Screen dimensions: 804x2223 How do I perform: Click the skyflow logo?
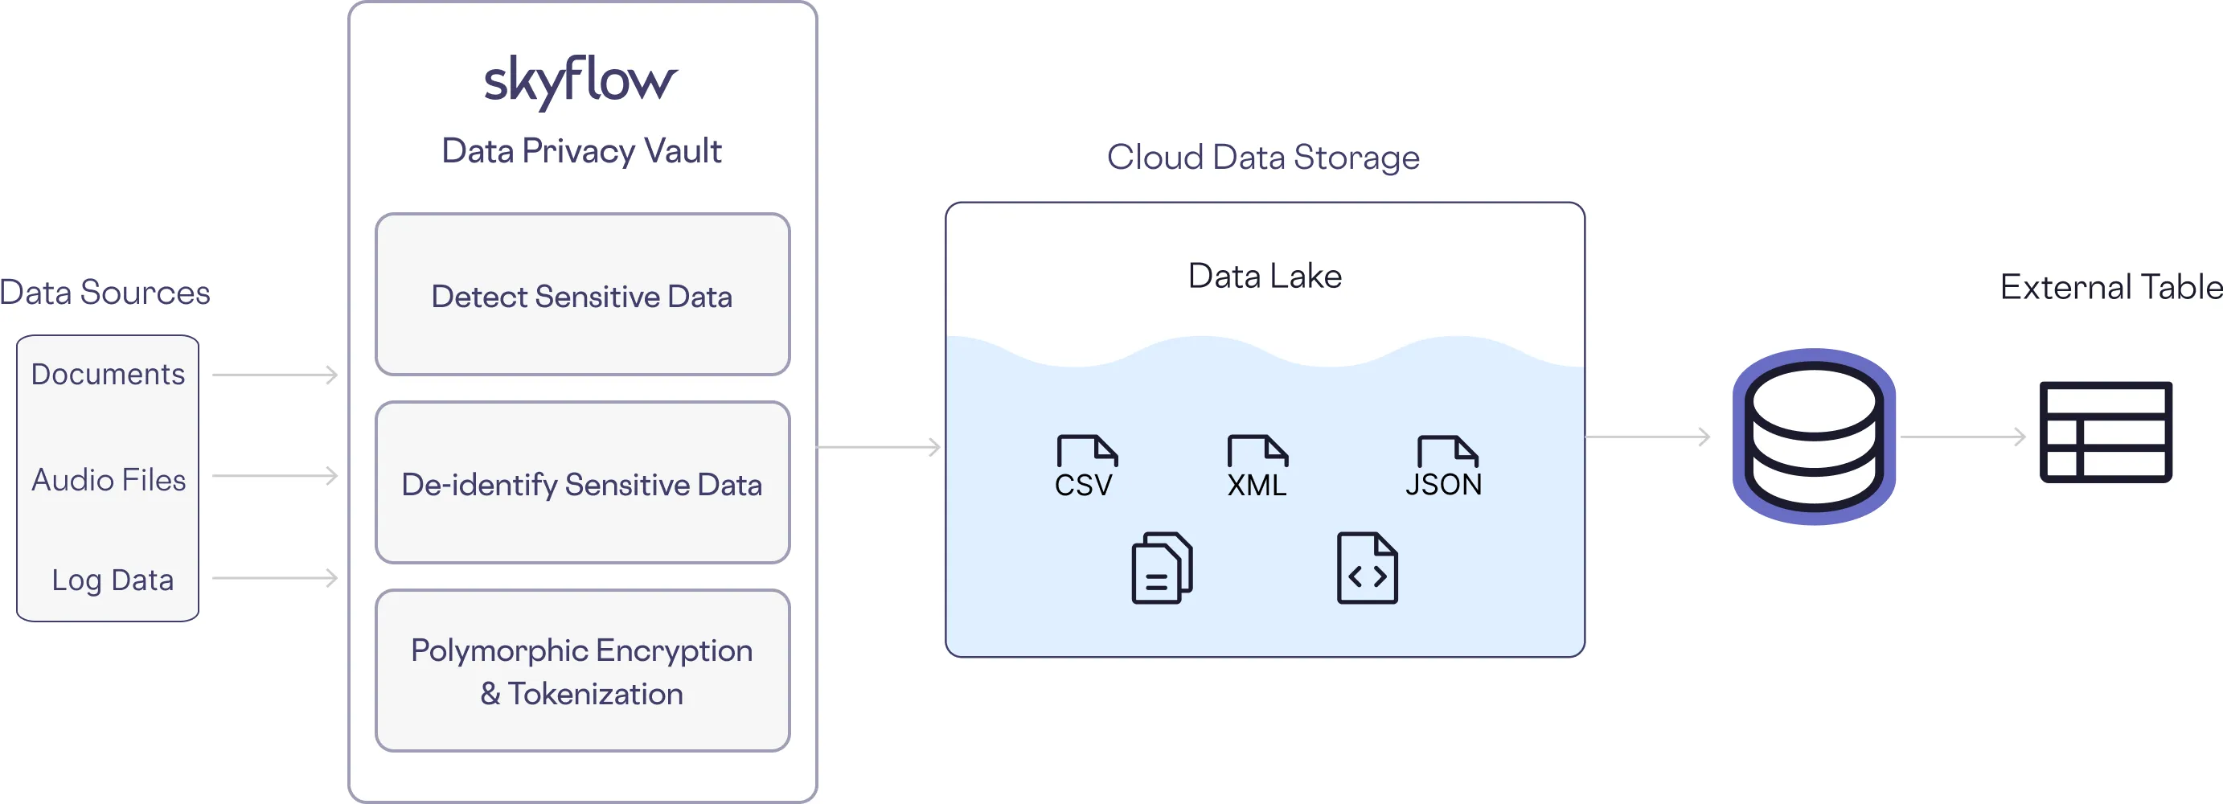(580, 81)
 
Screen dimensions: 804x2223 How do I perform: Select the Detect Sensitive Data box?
(583, 295)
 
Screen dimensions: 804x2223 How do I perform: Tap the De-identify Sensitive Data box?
(583, 483)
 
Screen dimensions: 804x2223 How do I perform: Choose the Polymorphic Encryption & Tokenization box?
(583, 671)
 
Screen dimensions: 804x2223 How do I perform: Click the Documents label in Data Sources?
(108, 375)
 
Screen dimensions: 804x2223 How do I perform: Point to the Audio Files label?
(109, 480)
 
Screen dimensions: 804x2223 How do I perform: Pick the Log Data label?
(113, 580)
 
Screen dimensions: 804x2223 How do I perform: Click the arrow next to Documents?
(274, 375)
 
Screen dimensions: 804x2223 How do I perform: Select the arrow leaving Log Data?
(274, 577)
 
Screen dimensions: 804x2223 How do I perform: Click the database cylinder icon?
(1814, 437)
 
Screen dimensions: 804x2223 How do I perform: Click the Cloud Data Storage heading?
(1262, 157)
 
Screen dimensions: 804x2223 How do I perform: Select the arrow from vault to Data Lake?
(878, 447)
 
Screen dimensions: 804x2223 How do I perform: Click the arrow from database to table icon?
(1963, 437)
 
